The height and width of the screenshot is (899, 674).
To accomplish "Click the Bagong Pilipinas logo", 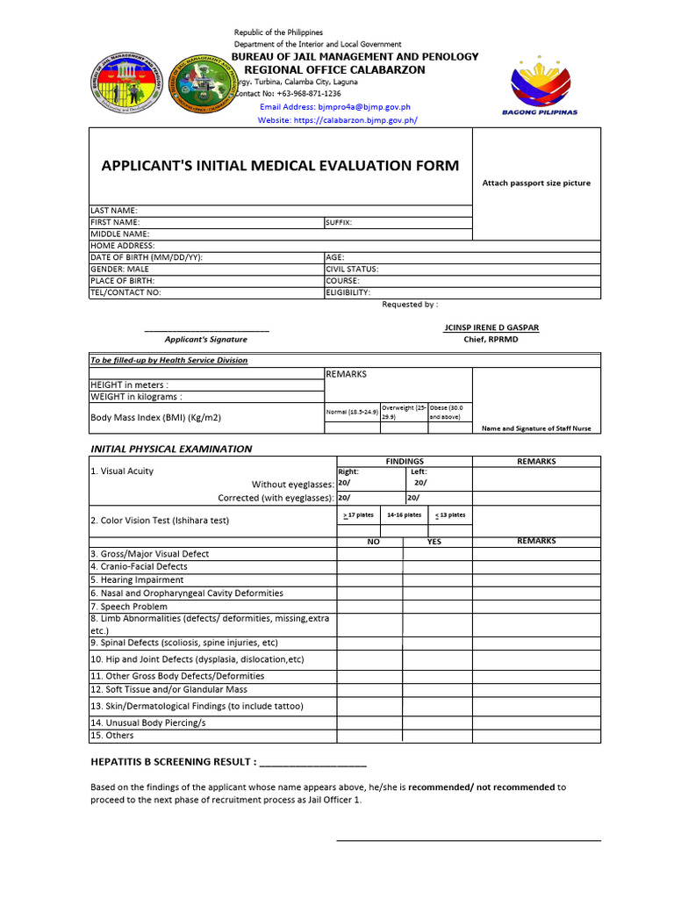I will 544,84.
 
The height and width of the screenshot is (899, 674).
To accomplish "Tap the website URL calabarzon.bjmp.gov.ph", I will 337,120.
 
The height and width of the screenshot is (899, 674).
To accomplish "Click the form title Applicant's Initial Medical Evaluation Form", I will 280,166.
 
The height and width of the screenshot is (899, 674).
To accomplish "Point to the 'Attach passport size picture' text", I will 536,183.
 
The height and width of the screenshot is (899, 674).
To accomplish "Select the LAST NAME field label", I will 114,211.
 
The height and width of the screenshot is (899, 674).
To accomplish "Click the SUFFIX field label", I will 339,223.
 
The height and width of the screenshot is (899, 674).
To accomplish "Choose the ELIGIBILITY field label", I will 348,292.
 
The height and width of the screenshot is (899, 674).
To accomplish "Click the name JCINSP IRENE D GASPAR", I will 491,327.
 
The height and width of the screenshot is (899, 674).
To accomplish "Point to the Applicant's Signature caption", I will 206,339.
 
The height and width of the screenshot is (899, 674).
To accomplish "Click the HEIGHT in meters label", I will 130,385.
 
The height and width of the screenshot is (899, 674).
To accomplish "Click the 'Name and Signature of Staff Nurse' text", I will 536,428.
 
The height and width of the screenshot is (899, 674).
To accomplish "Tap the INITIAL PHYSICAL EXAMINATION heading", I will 171,449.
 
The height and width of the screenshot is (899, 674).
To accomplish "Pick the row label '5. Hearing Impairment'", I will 137,579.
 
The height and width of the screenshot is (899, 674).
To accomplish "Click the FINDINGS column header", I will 405,461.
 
